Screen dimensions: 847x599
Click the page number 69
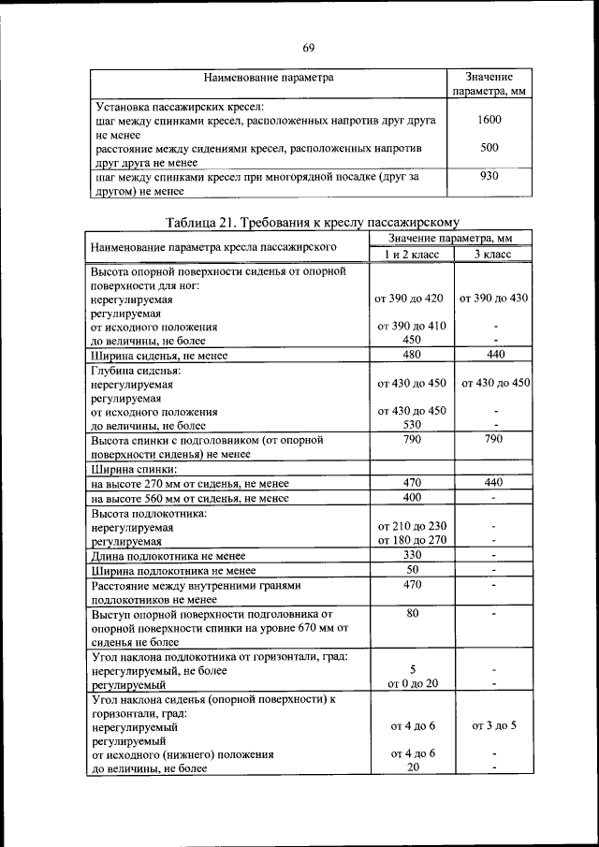point(308,48)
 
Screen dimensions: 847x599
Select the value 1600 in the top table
point(489,121)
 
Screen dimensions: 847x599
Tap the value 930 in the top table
point(489,176)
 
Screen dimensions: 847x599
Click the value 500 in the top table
point(489,148)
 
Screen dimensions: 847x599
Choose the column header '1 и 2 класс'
point(411,255)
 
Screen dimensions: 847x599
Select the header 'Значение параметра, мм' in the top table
point(489,85)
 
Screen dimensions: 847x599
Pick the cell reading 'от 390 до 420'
point(411,298)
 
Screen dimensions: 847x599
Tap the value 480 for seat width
point(411,355)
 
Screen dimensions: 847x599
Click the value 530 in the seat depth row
point(411,425)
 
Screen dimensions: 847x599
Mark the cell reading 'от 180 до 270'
point(411,540)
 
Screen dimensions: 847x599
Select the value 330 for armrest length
point(411,555)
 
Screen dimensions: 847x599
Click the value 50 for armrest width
point(411,569)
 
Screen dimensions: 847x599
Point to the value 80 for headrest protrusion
point(411,614)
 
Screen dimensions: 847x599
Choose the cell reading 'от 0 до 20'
point(411,684)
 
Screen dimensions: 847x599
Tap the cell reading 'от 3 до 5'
point(493,725)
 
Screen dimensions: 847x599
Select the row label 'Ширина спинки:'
point(134,469)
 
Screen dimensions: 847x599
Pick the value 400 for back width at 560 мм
point(411,497)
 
